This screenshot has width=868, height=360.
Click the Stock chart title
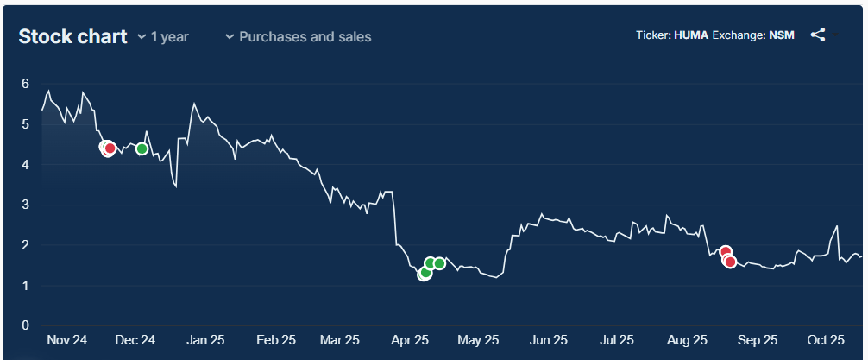tap(72, 36)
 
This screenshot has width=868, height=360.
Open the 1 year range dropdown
tap(163, 37)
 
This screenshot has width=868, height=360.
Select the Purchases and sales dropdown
tap(298, 37)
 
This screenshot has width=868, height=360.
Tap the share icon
tap(818, 35)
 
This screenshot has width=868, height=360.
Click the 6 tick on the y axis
tap(26, 84)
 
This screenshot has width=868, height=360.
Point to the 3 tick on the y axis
tap(26, 205)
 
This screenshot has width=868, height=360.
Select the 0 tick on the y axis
tap(26, 325)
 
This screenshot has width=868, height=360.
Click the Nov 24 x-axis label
tap(66, 340)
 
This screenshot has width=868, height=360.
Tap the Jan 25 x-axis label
tap(205, 340)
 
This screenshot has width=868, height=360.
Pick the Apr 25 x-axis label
tap(410, 340)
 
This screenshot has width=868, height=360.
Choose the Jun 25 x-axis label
tap(549, 340)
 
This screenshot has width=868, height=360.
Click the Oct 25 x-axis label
tap(824, 340)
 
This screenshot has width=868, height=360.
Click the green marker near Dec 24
tap(142, 148)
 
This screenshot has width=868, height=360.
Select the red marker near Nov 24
tap(110, 148)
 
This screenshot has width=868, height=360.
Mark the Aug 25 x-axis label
tap(689, 340)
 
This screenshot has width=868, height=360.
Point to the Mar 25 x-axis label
tap(340, 340)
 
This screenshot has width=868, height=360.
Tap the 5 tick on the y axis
tap(26, 124)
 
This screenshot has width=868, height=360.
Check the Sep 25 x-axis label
tap(758, 340)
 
